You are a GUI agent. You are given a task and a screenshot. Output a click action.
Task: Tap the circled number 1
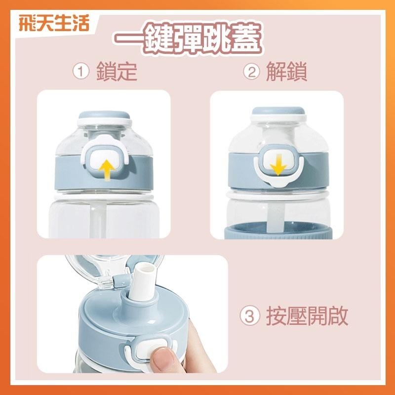(80, 72)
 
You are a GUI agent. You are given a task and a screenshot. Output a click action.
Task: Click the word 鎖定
(117, 72)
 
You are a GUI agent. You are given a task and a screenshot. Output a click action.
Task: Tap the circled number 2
(252, 72)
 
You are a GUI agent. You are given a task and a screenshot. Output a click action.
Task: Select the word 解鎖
(287, 72)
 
